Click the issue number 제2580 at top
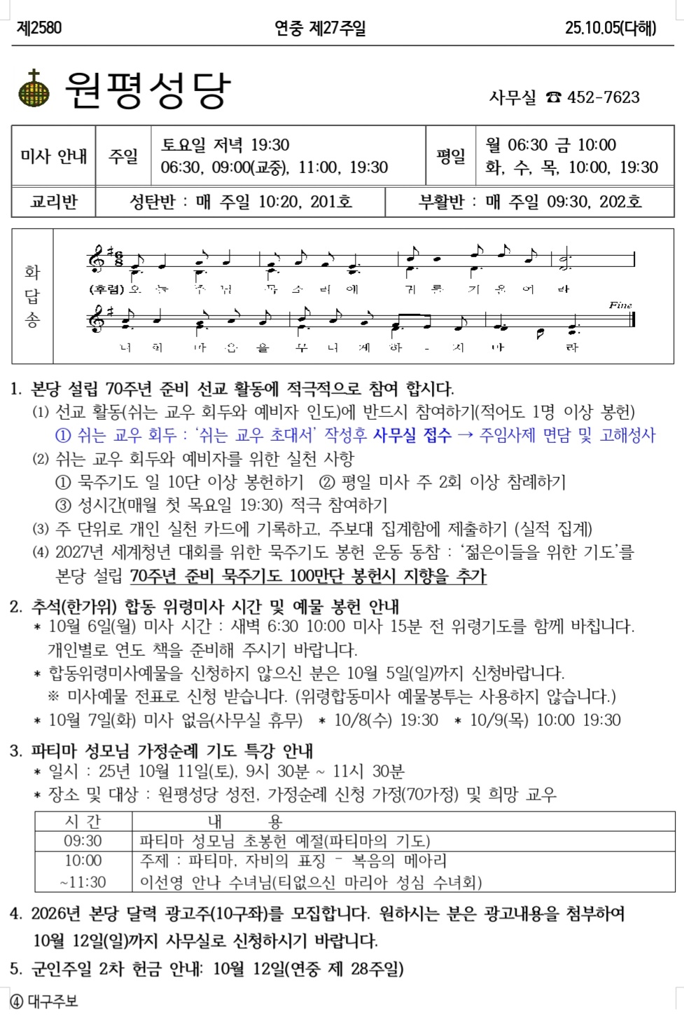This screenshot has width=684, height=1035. coord(39,28)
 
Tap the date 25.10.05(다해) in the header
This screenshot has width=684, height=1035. coord(610,28)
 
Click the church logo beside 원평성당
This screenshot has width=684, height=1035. coord(34,88)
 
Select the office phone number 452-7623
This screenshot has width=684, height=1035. coord(603,97)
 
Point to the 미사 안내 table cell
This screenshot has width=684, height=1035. coord(54,156)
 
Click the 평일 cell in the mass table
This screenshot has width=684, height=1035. coord(451,156)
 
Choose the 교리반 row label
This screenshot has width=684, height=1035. coord(54,202)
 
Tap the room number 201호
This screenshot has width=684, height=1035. coord(331,202)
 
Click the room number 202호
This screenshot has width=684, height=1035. coord(620,202)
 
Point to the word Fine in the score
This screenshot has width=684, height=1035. coord(620,305)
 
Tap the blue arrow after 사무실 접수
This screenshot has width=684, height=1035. coord(465,435)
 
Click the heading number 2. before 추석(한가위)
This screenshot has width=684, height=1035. coord(16,606)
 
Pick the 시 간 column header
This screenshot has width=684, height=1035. coord(83,821)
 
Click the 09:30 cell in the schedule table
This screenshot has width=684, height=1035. coord(83,841)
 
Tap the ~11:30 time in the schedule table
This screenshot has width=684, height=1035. coord(83,882)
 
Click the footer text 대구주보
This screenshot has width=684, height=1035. coord(53,1001)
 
